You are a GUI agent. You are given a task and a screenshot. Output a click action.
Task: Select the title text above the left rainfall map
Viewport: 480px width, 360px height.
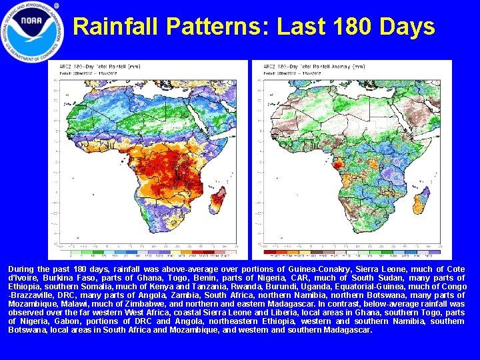pos(100,67)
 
